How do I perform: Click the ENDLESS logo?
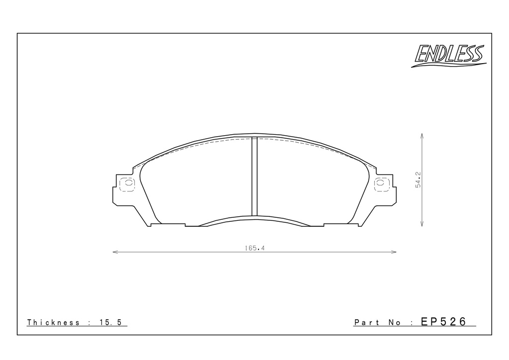(449, 56)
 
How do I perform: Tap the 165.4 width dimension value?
(255, 248)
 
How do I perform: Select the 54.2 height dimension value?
(418, 180)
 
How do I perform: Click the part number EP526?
(443, 321)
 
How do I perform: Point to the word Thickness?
(53, 322)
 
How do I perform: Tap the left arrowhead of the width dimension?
(115, 252)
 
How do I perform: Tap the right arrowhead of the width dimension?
(394, 252)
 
